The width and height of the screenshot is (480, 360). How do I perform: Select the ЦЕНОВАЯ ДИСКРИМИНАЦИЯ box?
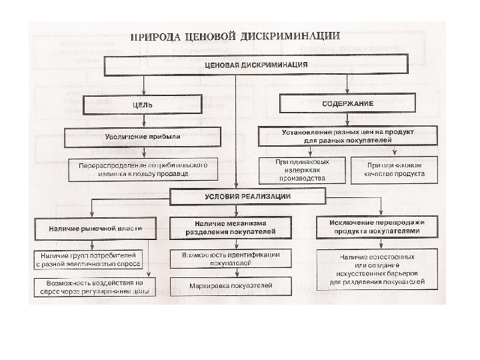[255, 65]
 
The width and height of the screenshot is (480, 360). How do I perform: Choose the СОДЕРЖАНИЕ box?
[347, 104]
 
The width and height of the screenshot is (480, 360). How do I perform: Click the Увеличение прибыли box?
[143, 137]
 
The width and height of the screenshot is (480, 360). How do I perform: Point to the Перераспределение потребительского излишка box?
[142, 169]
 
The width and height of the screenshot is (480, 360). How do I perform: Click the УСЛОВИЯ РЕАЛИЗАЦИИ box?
[247, 197]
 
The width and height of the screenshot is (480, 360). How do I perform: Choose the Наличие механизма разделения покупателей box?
[230, 227]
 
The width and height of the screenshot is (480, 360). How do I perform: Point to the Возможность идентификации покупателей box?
[230, 259]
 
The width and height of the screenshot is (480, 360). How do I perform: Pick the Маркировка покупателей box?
[231, 285]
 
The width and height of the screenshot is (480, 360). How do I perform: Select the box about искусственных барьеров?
[377, 269]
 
